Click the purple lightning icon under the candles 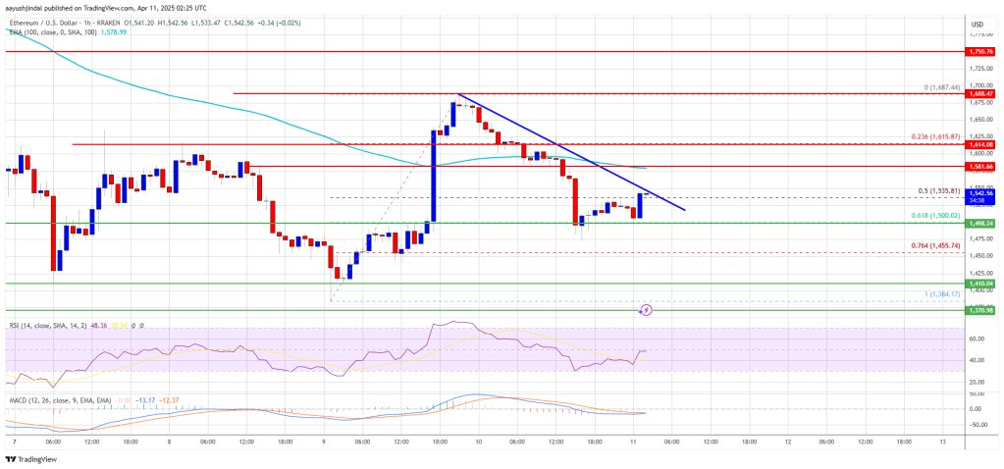646,310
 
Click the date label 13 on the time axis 940,442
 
